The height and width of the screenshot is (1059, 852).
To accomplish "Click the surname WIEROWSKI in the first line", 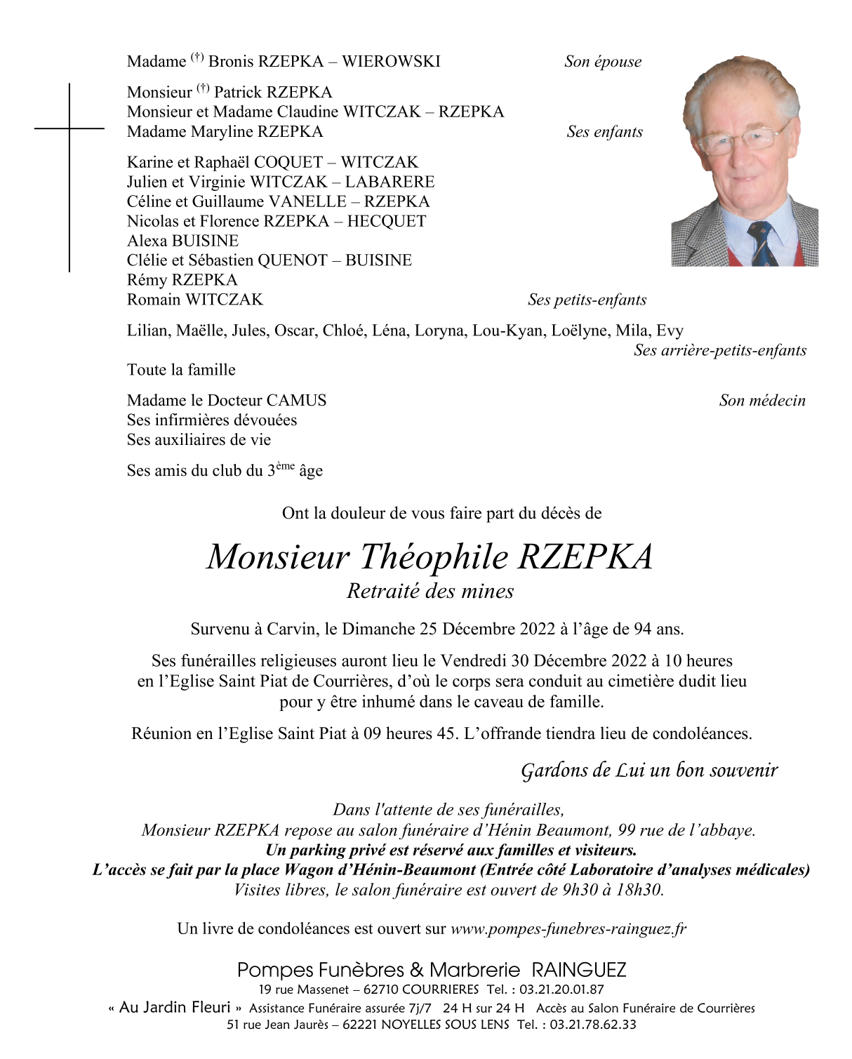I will click(x=391, y=62).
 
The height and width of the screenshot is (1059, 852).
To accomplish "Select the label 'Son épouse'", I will click(x=603, y=62).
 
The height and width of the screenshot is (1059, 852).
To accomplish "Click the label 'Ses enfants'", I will click(x=604, y=132).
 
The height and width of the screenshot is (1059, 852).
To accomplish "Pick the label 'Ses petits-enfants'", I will click(x=587, y=300).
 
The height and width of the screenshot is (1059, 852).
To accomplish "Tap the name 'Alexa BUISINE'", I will click(x=182, y=241).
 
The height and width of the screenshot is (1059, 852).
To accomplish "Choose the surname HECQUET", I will click(x=386, y=221).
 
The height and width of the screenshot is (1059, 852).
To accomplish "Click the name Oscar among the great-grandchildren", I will click(x=295, y=331).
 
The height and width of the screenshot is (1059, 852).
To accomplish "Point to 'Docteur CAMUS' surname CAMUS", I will click(x=296, y=401).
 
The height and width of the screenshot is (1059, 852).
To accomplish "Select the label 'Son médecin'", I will click(x=762, y=401).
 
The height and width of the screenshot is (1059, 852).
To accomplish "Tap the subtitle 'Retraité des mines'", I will click(x=430, y=592).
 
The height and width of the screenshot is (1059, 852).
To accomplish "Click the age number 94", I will click(x=643, y=629).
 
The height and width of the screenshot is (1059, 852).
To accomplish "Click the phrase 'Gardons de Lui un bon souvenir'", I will click(x=649, y=771).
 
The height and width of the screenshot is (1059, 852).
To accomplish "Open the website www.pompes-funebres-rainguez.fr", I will click(x=568, y=929).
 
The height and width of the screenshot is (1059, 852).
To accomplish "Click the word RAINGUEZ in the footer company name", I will click(x=579, y=971).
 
